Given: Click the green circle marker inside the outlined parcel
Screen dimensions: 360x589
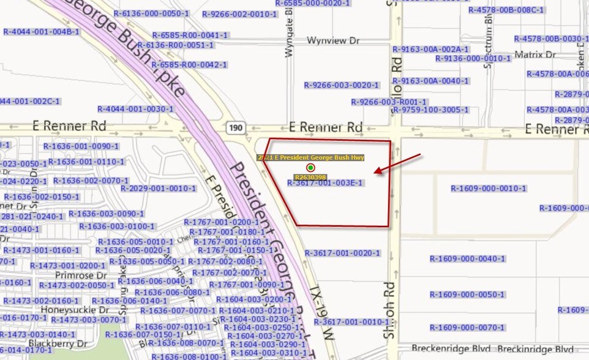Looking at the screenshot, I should point(310,168).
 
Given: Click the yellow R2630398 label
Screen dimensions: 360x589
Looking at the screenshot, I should point(310,177).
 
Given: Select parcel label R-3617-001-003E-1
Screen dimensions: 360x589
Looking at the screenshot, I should point(325,182).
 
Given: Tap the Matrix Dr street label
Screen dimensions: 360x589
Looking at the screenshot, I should point(535,54).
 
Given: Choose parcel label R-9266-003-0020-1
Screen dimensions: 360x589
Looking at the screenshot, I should point(342,85).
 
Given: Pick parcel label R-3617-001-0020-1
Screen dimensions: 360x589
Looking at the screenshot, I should point(343,253).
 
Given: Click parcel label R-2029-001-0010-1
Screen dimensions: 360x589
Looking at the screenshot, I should point(158,189).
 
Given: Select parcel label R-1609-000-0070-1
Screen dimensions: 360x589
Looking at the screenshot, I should point(467,328).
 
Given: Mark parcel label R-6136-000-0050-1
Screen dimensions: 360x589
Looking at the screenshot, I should point(151,13).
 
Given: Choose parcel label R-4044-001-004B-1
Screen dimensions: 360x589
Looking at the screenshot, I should point(41,32).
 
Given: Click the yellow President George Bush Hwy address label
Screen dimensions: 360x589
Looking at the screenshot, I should point(310,157).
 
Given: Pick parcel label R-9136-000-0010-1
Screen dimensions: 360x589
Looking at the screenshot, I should point(473,59).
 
